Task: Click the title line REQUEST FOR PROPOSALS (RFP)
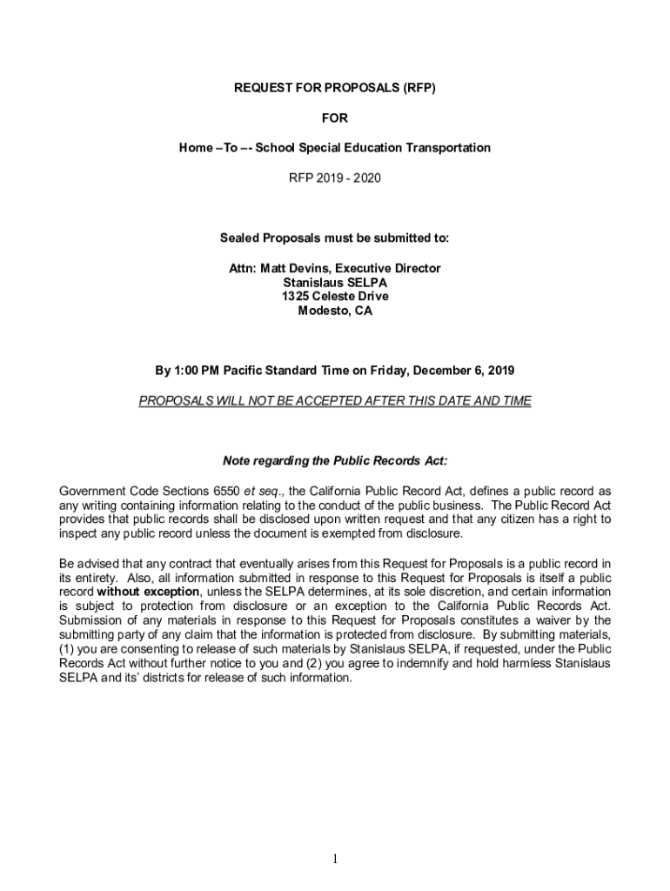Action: (335, 89)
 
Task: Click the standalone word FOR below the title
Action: (335, 118)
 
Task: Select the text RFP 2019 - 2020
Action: (335, 178)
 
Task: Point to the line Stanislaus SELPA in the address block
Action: (335, 283)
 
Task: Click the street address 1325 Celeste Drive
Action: (335, 297)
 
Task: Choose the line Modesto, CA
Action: (335, 311)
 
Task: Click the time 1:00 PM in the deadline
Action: (196, 370)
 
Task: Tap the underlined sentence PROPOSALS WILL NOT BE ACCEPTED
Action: (335, 400)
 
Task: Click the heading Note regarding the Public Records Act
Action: (335, 460)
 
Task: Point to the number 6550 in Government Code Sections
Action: (221, 491)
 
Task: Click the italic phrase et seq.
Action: (261, 491)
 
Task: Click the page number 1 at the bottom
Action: (335, 860)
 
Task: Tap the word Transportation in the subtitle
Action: (447, 148)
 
